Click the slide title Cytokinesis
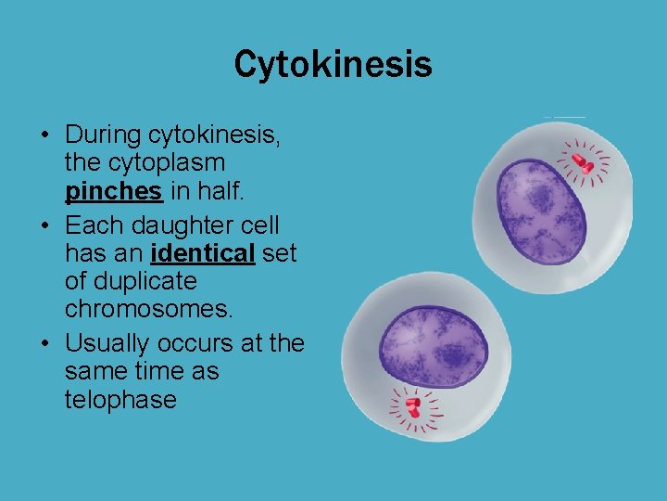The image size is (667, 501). (333, 65)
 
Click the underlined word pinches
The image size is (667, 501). (114, 192)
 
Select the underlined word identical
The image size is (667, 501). (202, 252)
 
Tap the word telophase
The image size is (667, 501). (120, 400)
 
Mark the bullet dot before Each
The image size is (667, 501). (45, 225)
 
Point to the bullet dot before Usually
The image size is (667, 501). (45, 344)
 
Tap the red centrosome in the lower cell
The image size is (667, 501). (413, 405)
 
